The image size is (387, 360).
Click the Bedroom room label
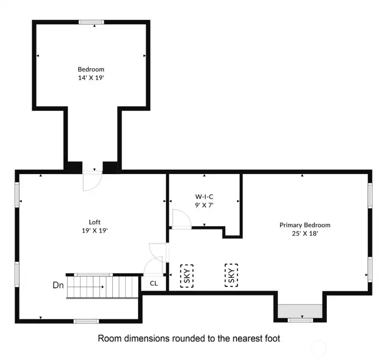(x=91, y=69)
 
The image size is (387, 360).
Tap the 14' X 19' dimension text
(x=91, y=77)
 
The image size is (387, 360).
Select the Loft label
(x=95, y=222)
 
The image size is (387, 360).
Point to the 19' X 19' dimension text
(x=95, y=230)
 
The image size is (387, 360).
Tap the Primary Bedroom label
(x=305, y=225)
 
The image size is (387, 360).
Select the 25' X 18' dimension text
(x=305, y=233)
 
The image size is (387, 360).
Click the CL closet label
(x=154, y=283)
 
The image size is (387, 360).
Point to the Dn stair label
(x=58, y=285)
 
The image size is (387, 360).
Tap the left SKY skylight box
(x=187, y=275)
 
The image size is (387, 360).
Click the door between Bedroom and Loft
(x=91, y=181)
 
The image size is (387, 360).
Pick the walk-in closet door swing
(x=179, y=219)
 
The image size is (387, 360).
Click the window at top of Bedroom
(x=91, y=22)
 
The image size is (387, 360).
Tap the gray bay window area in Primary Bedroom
(x=300, y=311)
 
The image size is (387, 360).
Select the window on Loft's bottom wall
(x=86, y=321)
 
